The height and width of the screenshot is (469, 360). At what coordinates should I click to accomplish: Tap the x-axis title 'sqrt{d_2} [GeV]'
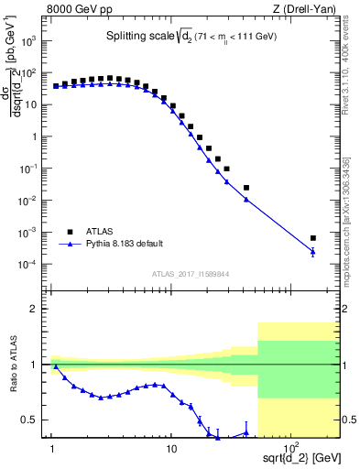[303, 454]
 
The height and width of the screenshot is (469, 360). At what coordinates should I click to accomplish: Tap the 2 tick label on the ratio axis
[38, 309]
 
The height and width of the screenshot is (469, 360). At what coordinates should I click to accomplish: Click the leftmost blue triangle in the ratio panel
[55, 366]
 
